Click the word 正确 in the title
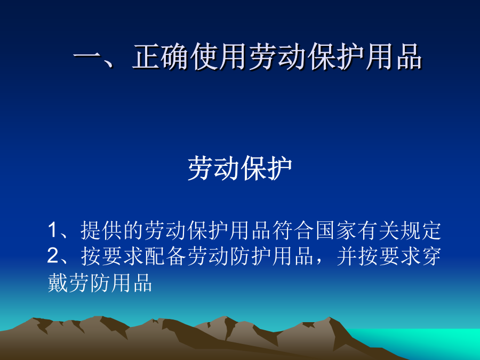pyautogui.click(x=161, y=57)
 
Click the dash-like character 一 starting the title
pyautogui.click(x=87, y=57)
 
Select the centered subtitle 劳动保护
pyautogui.click(x=240, y=168)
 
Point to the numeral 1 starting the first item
pyautogui.click(x=53, y=230)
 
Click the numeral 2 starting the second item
pyautogui.click(x=53, y=255)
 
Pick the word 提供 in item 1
pyautogui.click(x=101, y=230)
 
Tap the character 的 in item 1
pyautogui.click(x=133, y=230)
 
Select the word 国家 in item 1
pyautogui.click(x=336, y=230)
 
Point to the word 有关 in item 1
pyautogui.click(x=378, y=230)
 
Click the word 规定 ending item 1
pyautogui.click(x=421, y=230)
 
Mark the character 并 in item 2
pyautogui.click(x=347, y=256)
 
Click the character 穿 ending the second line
pyautogui.click(x=431, y=256)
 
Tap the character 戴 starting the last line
pyautogui.click(x=58, y=282)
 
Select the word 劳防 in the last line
pyautogui.click(x=89, y=282)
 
